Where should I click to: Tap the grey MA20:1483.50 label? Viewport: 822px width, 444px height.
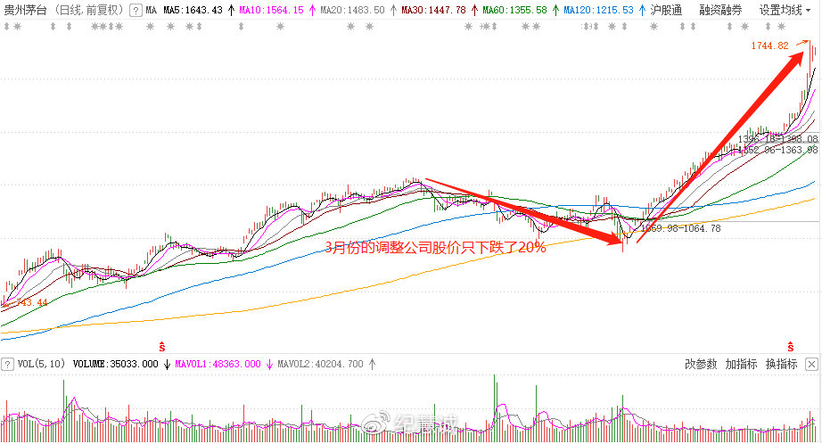[352, 10]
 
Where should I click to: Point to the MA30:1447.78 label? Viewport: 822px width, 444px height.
[433, 10]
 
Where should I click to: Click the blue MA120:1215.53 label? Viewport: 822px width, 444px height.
[598, 10]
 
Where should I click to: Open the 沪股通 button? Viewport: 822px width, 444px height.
[666, 10]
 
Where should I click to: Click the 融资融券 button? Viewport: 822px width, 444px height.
[720, 10]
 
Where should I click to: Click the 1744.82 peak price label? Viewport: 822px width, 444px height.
[769, 45]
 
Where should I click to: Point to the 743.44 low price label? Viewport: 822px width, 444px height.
[29, 303]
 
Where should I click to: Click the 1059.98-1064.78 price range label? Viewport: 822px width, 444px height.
[682, 229]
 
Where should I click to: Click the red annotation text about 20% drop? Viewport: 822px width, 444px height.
[435, 248]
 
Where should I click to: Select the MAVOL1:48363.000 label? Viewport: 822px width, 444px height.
[218, 364]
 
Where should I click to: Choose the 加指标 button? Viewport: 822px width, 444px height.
[741, 364]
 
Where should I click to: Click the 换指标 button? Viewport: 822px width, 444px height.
[781, 364]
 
